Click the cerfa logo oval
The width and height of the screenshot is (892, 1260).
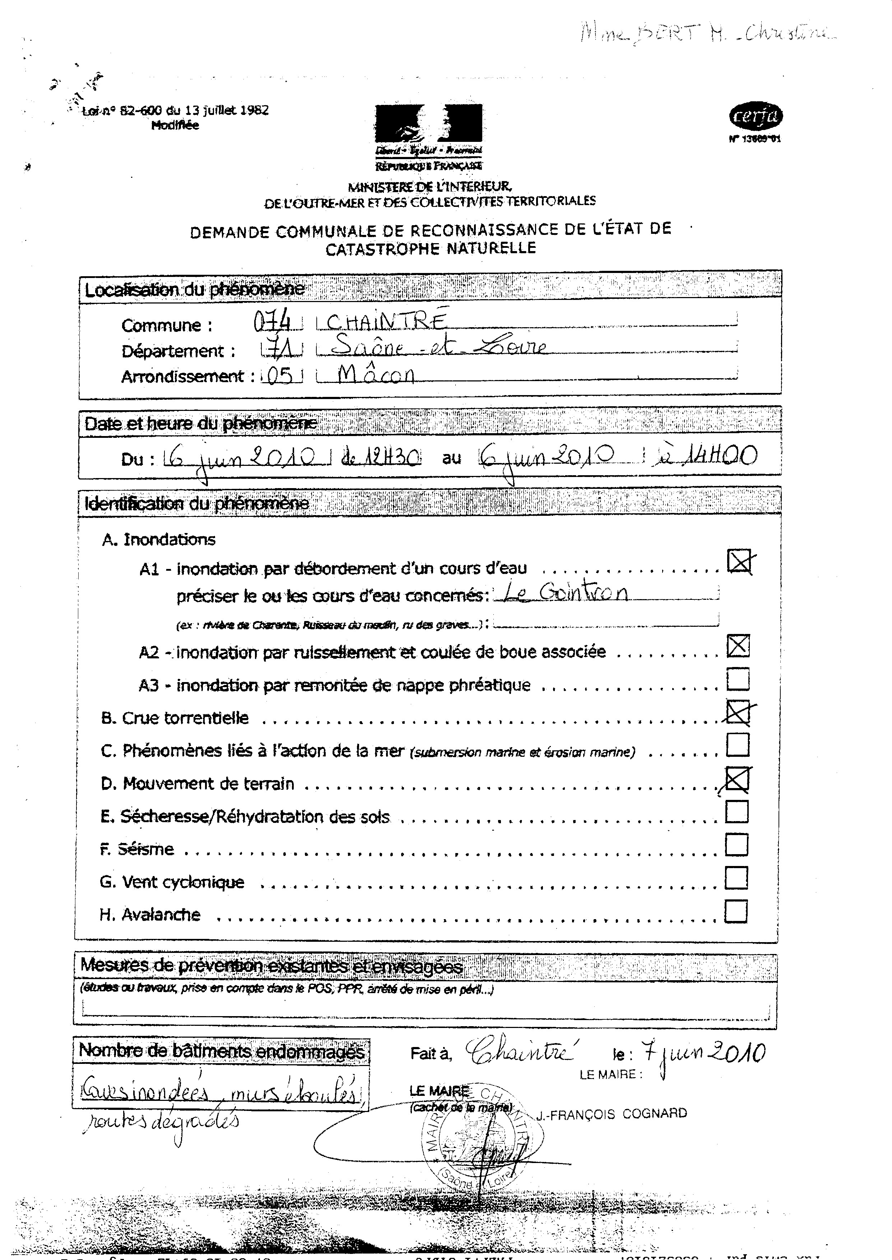click(756, 116)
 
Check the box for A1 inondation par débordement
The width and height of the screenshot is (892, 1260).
click(739, 561)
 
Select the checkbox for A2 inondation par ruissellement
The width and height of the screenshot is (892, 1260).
click(738, 645)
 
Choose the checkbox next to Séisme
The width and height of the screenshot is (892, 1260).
click(737, 845)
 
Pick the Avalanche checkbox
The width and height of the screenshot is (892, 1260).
click(736, 911)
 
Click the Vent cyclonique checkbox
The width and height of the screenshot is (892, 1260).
click(736, 878)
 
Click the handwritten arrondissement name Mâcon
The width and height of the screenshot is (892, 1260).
click(376, 375)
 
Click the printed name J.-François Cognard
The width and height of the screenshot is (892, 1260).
click(611, 1113)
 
